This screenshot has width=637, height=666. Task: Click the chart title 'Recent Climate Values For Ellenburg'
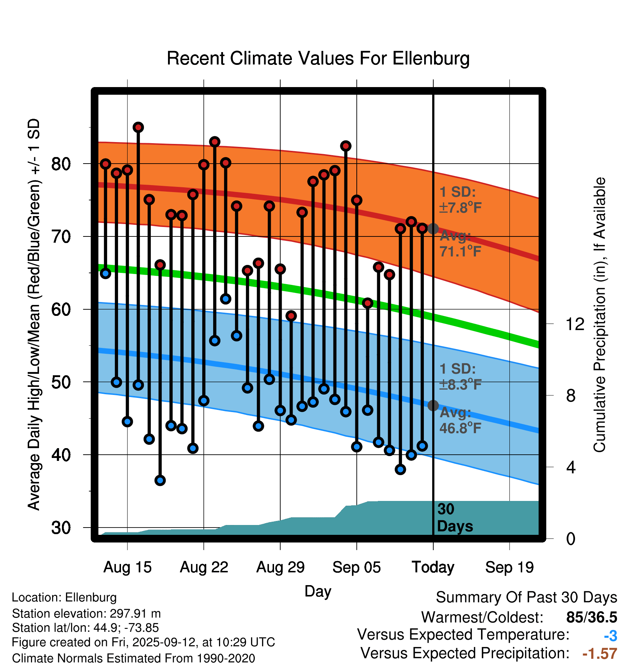pyautogui.click(x=318, y=58)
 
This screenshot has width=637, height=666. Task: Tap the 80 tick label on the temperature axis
pyautogui.click(x=61, y=164)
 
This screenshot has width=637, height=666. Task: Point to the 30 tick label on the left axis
pyautogui.click(x=61, y=528)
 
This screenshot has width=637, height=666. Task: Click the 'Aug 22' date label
pyautogui.click(x=204, y=567)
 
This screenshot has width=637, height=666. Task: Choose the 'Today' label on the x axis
pyautogui.click(x=433, y=567)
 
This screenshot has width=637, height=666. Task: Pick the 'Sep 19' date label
pyautogui.click(x=509, y=567)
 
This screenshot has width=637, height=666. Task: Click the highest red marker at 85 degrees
pyautogui.click(x=138, y=127)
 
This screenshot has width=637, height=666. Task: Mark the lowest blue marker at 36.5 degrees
pyautogui.click(x=160, y=480)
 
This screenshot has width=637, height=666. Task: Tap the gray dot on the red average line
pyautogui.click(x=433, y=229)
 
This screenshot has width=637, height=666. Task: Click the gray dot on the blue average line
pyautogui.click(x=433, y=405)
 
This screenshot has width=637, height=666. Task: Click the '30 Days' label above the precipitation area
pyautogui.click(x=454, y=518)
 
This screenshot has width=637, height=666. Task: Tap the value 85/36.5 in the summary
pyautogui.click(x=591, y=617)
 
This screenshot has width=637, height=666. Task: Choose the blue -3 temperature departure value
pyautogui.click(x=610, y=636)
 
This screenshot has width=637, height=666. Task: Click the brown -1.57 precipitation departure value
pyautogui.click(x=599, y=654)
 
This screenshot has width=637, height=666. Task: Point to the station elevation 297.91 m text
pyautogui.click(x=86, y=614)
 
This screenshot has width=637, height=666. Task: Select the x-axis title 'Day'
pyautogui.click(x=318, y=591)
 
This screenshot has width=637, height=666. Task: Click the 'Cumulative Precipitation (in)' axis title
pyautogui.click(x=599, y=315)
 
